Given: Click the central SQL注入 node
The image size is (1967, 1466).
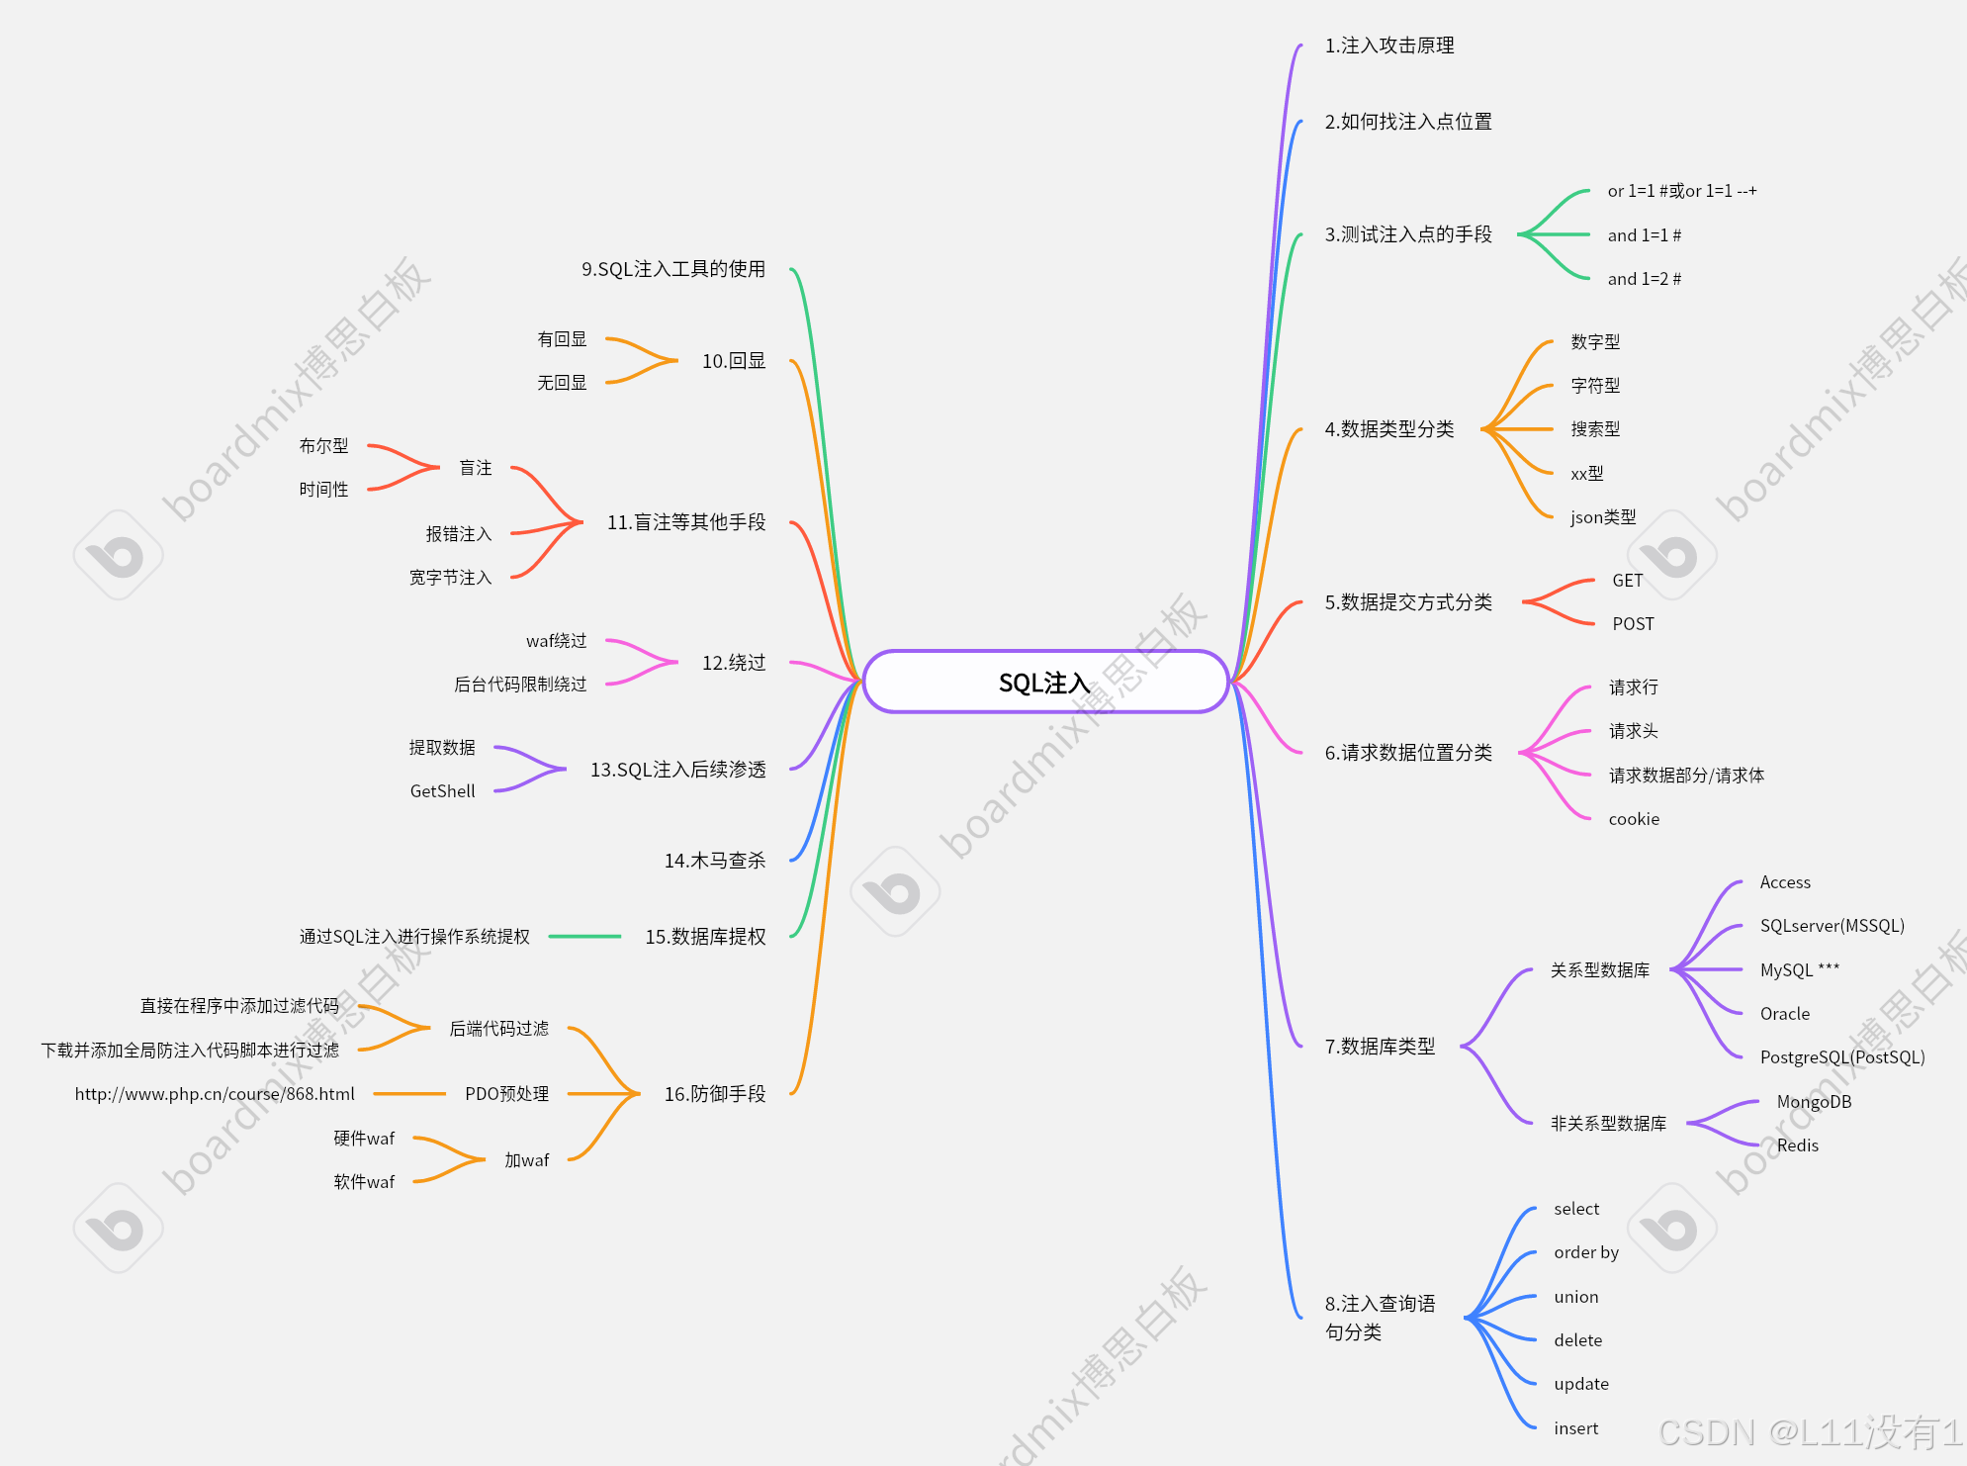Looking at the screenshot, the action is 1044,683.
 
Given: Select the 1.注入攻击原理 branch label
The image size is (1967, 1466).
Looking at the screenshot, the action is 1388,46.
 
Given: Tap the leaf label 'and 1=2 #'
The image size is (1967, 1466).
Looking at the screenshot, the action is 1644,279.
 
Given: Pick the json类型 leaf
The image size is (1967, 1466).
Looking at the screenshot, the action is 1602,517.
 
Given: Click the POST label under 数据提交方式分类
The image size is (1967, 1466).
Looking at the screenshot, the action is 1633,624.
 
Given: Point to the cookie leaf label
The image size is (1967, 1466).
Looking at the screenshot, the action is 1634,819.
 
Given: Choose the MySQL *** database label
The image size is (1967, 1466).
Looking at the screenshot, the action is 1799,969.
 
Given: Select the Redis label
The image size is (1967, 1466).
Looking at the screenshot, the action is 1797,1145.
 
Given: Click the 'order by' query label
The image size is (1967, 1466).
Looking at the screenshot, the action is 1585,1252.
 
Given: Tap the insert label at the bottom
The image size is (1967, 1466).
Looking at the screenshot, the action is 1575,1428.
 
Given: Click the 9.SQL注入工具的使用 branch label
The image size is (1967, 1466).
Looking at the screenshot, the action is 672,269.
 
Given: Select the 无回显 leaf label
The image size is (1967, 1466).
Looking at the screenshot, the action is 562,383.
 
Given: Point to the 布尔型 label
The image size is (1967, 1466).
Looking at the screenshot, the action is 323,446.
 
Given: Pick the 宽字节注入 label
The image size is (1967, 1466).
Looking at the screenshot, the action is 450,578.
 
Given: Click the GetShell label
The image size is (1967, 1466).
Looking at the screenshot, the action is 442,791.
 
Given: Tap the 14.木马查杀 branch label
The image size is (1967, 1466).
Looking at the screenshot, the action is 714,861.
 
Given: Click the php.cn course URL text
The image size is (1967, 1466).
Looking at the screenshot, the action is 215,1094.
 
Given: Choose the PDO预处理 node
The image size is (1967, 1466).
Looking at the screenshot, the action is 506,1094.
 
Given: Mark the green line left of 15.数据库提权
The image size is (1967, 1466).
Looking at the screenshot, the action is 584,936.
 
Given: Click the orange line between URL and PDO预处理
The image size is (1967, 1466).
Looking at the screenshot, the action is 409,1094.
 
